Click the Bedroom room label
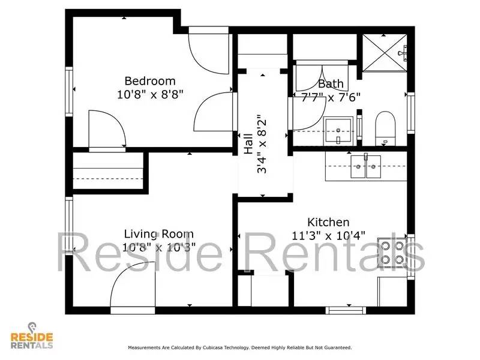149,81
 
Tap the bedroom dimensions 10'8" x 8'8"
149,94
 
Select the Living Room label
158,234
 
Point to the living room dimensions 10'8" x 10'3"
158,247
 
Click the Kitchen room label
328,222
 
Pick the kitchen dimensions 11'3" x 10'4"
328,235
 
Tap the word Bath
331,84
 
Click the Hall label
248,144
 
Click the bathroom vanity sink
339,130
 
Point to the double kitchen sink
365,166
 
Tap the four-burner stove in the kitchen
391,251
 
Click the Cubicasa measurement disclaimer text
239,347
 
